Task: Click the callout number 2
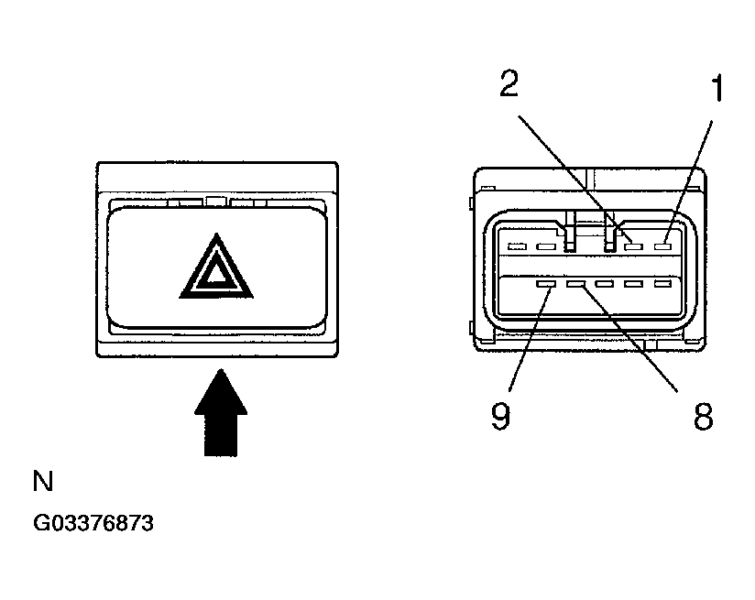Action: tap(509, 84)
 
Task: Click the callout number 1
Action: tap(717, 88)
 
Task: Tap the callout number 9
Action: tap(500, 416)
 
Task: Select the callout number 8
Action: tap(703, 417)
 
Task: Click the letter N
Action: tap(43, 481)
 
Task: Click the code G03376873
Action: tap(93, 523)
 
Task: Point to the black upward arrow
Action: tap(221, 413)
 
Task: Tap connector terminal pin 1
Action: tap(662, 246)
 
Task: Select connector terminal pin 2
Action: tap(634, 247)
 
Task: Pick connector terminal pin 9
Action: tap(546, 284)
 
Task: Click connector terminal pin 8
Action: tap(575, 284)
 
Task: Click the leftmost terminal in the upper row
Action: tap(517, 247)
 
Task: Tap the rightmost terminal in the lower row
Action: tap(662, 284)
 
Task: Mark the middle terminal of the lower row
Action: tap(605, 284)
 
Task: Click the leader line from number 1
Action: tap(689, 181)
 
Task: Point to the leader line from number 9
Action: tap(530, 339)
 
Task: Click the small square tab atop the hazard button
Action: tap(215, 202)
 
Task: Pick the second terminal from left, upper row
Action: tap(546, 247)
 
